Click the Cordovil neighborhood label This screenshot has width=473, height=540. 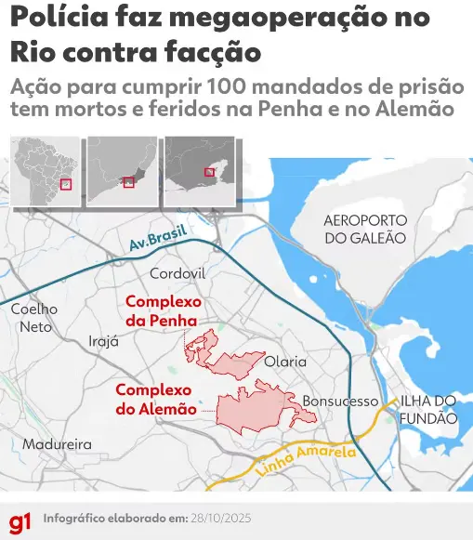click(177, 273)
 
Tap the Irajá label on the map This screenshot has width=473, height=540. click(103, 341)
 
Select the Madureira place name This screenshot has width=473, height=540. click(57, 444)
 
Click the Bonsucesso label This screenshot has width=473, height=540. click(340, 402)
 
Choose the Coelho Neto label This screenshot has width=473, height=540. click(34, 318)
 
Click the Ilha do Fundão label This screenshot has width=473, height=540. click(428, 409)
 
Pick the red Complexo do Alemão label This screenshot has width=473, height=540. click(155, 400)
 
